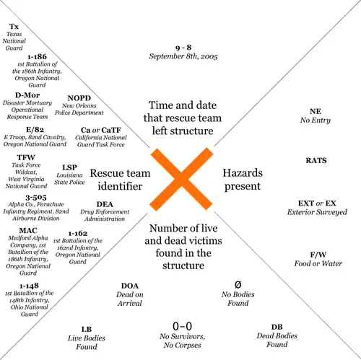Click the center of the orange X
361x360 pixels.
(181, 180)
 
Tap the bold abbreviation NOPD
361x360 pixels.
(79, 98)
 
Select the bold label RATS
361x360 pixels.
(316, 160)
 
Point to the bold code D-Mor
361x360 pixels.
(27, 95)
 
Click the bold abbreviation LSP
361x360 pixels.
(69, 167)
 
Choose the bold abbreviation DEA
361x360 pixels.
(105, 204)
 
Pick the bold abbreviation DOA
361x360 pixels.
(130, 286)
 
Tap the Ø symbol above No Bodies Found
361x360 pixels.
(238, 285)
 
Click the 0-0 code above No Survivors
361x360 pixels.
(182, 326)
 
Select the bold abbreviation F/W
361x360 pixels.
(318, 255)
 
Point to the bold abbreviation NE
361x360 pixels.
(316, 111)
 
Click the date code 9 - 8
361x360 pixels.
(183, 48)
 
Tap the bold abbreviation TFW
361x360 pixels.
(26, 157)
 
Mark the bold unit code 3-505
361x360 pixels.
(36, 198)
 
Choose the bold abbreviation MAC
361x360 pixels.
(28, 231)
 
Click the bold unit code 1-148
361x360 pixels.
(29, 286)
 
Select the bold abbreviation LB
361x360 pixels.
(87, 329)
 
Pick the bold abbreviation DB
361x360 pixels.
(277, 327)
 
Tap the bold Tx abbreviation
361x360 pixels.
(14, 27)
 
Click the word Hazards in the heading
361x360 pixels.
(243, 173)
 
